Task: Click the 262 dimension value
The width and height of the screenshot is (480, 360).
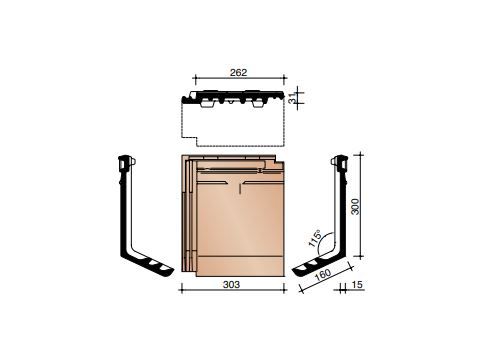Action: tap(239, 72)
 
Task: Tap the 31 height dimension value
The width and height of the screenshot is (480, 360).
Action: tap(292, 97)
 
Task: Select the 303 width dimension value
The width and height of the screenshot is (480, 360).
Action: tap(231, 284)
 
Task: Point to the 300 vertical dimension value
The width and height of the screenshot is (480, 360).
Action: tap(355, 206)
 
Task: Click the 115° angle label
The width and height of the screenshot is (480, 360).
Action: tap(315, 238)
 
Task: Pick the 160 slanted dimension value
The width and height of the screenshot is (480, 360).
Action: tap(323, 274)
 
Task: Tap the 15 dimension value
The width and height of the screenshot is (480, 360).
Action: tap(357, 285)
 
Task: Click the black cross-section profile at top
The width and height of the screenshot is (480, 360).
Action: tap(233, 97)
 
